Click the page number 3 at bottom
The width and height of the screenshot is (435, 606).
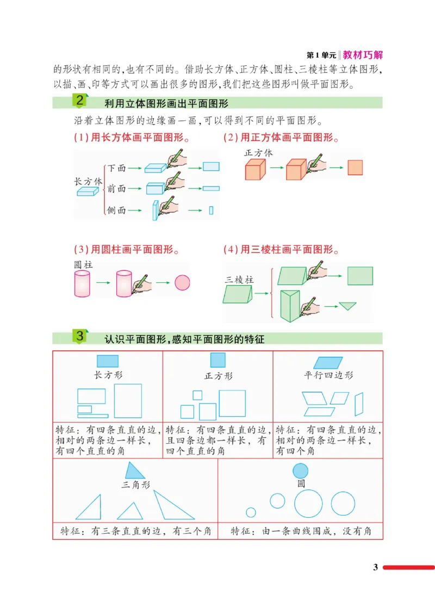(x=375, y=567)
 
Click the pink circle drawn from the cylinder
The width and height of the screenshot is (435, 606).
(x=182, y=283)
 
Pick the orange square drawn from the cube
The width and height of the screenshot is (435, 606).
(x=355, y=168)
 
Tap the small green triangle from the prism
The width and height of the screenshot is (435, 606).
(x=346, y=306)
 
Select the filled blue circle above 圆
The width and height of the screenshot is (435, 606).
(x=300, y=471)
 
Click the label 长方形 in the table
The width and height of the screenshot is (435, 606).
(x=108, y=375)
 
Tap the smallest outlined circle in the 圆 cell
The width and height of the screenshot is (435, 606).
(x=251, y=512)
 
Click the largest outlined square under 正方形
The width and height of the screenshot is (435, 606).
(x=232, y=404)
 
